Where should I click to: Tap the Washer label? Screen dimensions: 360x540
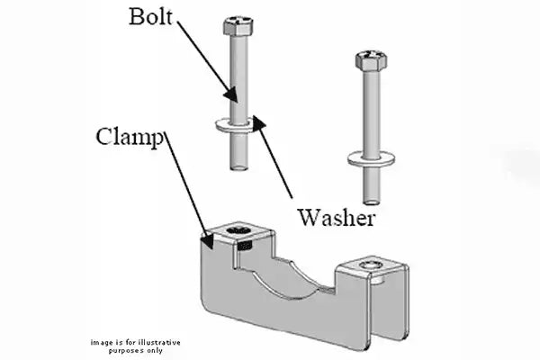[337, 216]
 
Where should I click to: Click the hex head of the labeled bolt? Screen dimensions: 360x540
[238, 23]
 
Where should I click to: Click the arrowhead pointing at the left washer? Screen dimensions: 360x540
[256, 123]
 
